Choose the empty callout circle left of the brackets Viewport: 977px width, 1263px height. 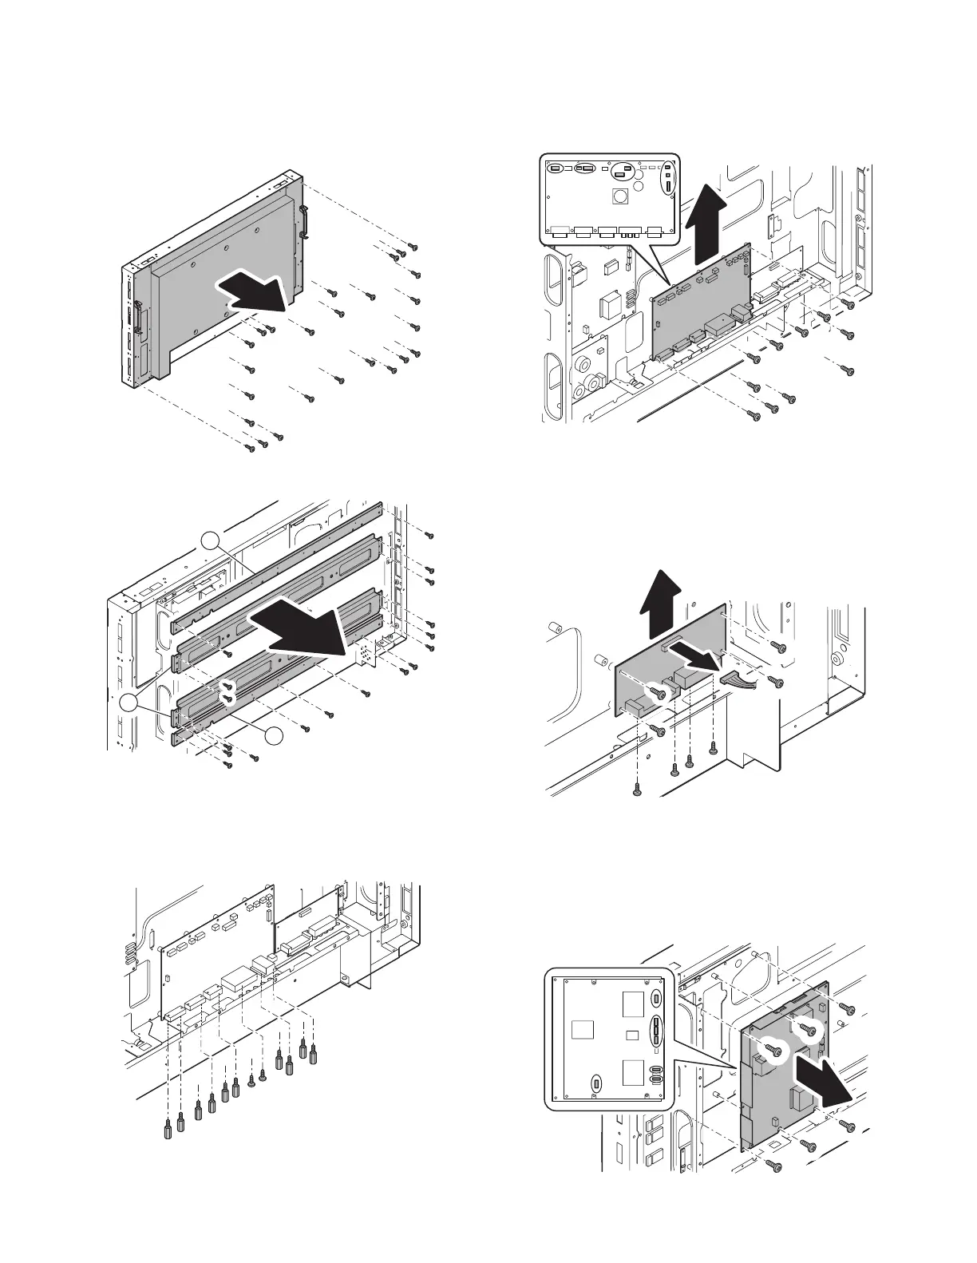[x=130, y=703]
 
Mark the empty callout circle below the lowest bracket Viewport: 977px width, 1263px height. [x=275, y=736]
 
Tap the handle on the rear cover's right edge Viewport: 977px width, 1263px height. [x=305, y=222]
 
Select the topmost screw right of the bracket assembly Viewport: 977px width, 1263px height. [x=429, y=534]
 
